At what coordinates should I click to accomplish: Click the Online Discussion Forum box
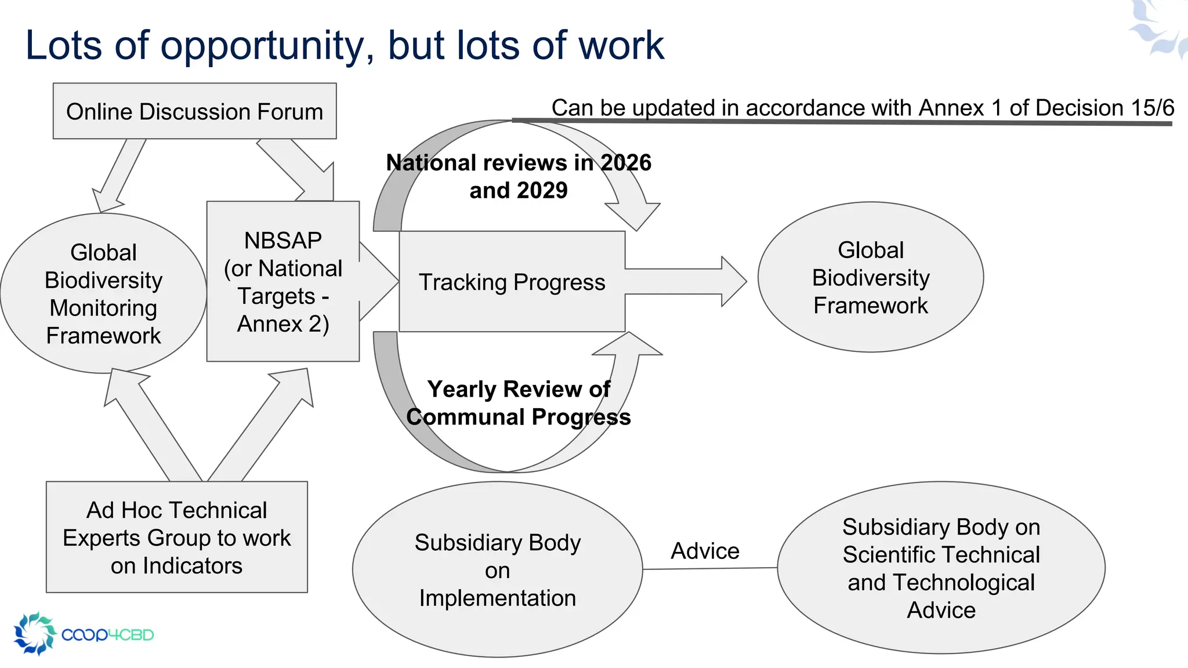tap(194, 111)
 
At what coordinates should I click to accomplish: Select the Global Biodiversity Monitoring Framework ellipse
tap(103, 293)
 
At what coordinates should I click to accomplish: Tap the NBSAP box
tap(282, 282)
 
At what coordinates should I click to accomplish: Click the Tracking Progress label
tap(512, 282)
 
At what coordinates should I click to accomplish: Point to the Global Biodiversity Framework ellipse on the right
tap(870, 278)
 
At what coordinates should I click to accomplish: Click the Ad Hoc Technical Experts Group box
tap(176, 538)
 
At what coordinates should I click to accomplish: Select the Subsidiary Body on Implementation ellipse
tap(497, 570)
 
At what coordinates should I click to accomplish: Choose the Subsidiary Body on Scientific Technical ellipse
tap(940, 568)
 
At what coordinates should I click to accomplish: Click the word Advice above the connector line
tap(705, 551)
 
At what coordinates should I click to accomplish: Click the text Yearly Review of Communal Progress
tap(518, 403)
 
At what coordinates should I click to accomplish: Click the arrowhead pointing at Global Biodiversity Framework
tap(733, 281)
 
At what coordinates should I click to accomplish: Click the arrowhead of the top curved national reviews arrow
tap(635, 215)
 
